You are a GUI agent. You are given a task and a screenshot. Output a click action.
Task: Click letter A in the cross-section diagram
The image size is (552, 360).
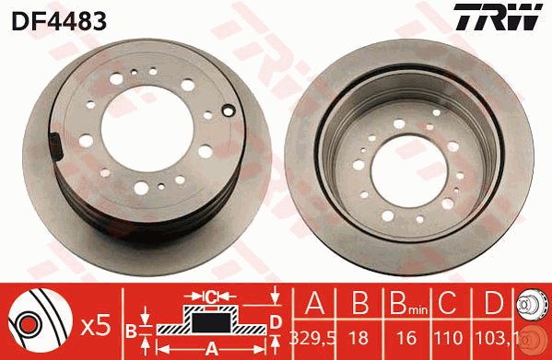coord(210,348)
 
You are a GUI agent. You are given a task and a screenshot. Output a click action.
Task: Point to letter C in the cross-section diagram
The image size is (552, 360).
coord(212,296)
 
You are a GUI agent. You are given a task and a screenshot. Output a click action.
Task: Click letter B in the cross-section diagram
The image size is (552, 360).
coord(131,329)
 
